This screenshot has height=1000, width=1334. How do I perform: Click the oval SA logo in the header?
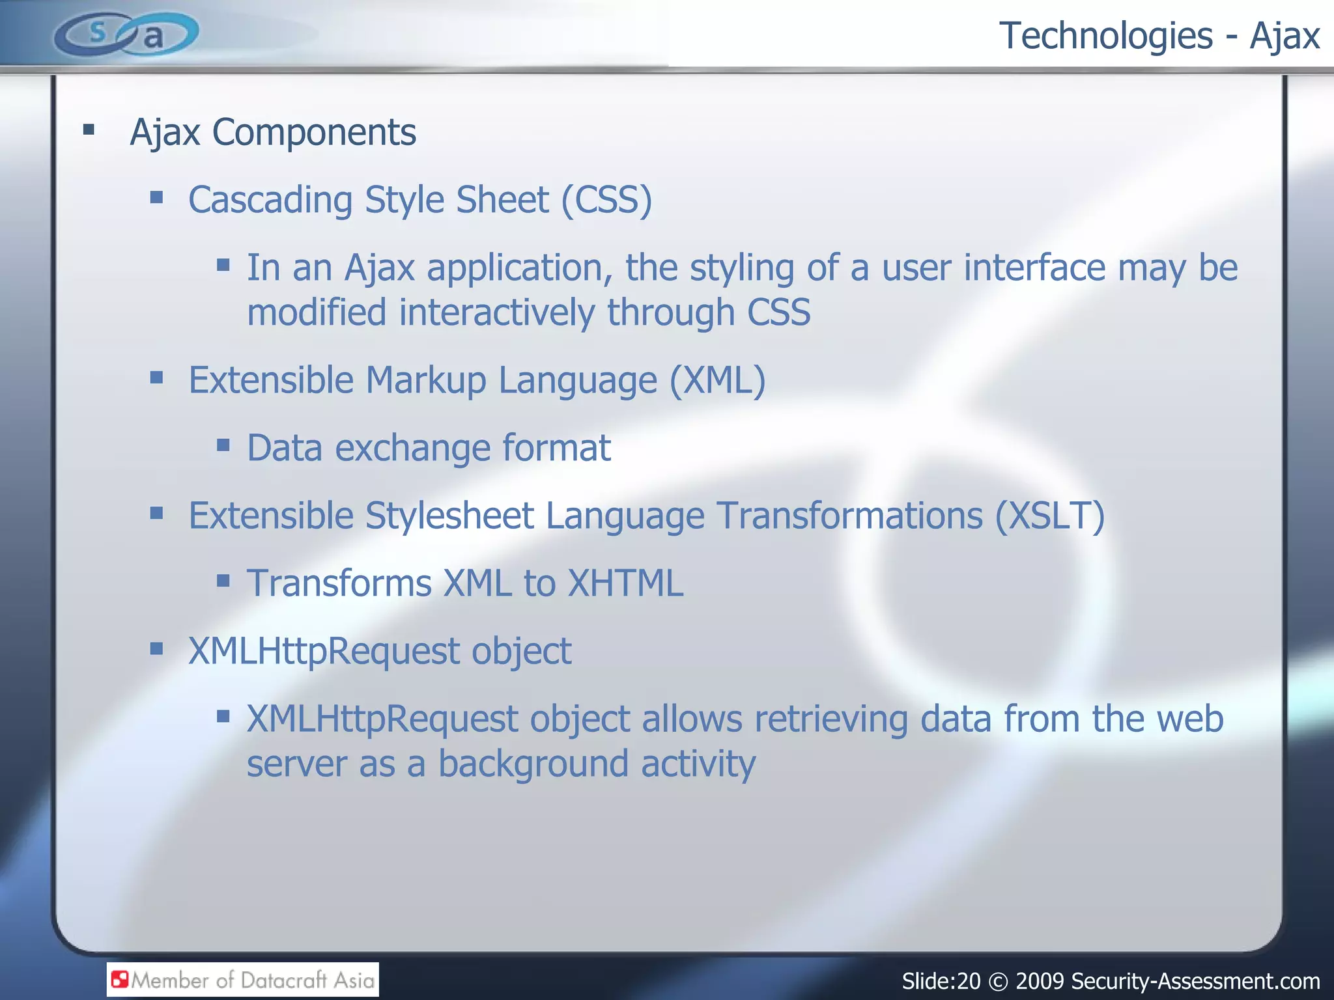click(x=126, y=35)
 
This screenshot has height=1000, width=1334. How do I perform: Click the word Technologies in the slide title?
click(x=1105, y=36)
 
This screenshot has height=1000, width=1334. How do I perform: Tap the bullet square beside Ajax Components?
click(x=89, y=130)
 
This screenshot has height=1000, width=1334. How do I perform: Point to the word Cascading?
click(x=270, y=201)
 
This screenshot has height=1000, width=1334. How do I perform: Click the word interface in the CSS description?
click(x=1034, y=268)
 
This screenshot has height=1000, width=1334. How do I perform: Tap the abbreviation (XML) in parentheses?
click(x=717, y=380)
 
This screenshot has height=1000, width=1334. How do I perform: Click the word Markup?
click(x=425, y=382)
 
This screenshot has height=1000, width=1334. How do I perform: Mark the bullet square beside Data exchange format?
click(x=223, y=445)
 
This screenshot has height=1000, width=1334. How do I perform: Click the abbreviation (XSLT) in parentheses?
click(x=1049, y=516)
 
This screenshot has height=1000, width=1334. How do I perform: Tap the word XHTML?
click(x=625, y=583)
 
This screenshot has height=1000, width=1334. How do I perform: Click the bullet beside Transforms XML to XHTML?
click(x=223, y=580)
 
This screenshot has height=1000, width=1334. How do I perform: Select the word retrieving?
click(x=830, y=719)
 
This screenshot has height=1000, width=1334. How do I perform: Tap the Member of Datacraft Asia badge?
click(x=242, y=980)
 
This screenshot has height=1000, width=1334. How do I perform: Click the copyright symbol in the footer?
click(x=997, y=981)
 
